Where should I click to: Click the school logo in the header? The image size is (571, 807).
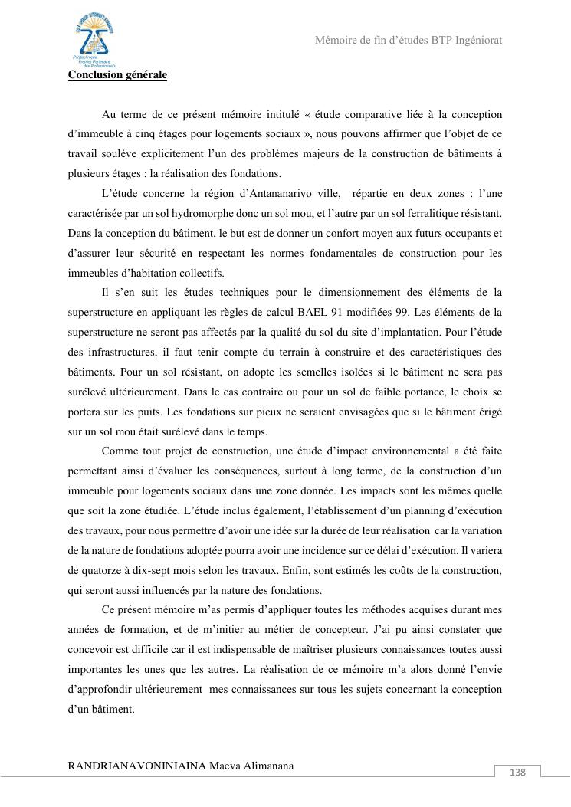tap(94, 40)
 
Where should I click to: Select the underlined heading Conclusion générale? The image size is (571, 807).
tap(117, 75)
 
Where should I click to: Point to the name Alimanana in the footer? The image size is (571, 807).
tap(265, 766)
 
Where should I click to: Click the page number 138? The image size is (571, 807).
tap(517, 773)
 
